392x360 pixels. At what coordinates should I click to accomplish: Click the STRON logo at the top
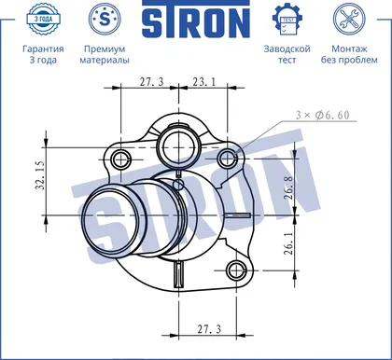(196, 20)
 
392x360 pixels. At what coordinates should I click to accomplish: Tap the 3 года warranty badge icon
(43, 19)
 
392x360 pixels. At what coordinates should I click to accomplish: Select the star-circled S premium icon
(105, 19)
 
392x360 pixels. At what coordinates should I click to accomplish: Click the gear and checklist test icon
(287, 20)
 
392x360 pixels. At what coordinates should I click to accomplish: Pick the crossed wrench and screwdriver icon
(349, 19)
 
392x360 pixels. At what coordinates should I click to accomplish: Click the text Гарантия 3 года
(43, 54)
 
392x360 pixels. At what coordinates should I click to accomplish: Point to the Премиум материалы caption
(105, 54)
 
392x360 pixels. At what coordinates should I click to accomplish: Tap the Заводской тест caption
(287, 54)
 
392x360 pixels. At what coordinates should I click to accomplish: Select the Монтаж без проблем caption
(349, 54)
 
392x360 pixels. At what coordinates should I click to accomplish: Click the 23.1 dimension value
(203, 82)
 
